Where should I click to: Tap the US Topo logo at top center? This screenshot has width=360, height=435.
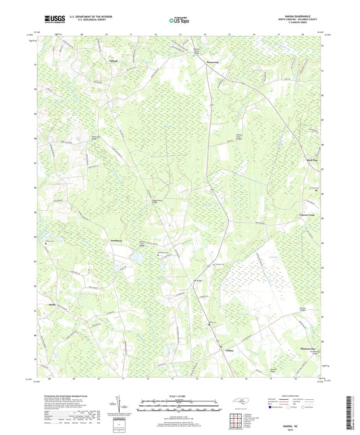(180, 20)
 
